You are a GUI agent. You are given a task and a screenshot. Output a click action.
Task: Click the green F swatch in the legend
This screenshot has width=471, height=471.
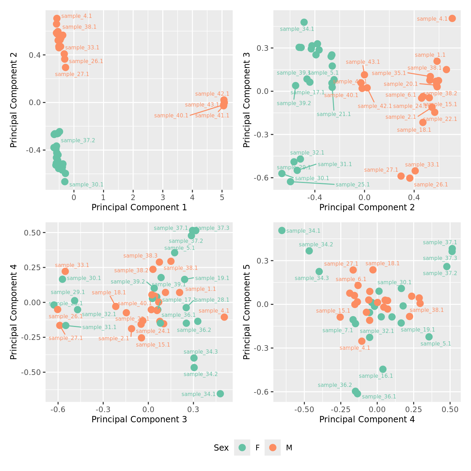[242, 448]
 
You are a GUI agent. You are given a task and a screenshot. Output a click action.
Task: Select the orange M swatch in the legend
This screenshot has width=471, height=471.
[273, 448]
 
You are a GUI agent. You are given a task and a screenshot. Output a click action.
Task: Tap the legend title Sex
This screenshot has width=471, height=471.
[221, 448]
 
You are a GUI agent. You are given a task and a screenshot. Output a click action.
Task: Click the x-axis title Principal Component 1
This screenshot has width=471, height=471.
[139, 207]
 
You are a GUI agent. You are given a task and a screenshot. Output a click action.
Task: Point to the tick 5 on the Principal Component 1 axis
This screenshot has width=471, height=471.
[222, 198]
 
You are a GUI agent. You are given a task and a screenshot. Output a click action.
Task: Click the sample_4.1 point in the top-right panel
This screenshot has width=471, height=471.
[452, 19]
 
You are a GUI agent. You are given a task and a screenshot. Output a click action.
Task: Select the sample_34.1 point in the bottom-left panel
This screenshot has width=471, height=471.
[220, 394]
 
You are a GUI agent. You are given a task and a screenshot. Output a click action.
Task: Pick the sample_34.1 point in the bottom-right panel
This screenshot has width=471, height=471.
[282, 230]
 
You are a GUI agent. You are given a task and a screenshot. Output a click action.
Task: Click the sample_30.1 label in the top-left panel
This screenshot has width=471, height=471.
[86, 185]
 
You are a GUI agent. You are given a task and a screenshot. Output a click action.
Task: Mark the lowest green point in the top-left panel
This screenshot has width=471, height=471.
[65, 182]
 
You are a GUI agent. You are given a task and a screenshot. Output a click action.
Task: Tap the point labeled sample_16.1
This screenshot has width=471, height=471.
[383, 369]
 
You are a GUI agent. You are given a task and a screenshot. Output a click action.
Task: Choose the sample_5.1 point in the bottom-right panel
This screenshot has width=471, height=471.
[429, 337]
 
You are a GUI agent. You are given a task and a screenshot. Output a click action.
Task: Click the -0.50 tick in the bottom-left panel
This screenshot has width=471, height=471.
[33, 372]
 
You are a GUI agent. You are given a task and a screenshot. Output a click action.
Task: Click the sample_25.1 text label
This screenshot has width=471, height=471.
[353, 185]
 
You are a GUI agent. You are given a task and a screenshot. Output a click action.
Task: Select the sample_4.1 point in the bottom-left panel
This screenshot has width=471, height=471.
[224, 317]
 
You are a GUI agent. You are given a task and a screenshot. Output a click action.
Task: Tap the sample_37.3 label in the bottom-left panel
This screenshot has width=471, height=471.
[212, 228]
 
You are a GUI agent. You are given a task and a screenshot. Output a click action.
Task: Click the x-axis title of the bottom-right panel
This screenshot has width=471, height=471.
[367, 419]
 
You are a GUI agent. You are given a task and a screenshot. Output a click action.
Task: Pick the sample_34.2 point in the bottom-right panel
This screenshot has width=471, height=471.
[309, 251]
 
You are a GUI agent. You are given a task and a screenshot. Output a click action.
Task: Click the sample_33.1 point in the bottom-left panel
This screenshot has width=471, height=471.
[65, 271]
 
